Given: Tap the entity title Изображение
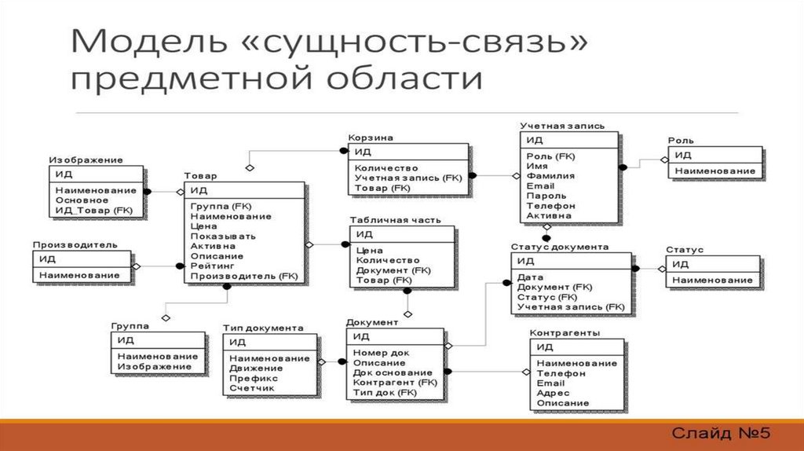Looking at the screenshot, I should click(86, 159).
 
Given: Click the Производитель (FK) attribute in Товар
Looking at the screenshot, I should click(243, 277).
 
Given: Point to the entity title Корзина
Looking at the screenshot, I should click(370, 137).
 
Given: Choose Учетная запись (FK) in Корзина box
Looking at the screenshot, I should click(407, 178).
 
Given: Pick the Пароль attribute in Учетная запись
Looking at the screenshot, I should click(546, 196).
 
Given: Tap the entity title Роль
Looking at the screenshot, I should click(681, 141).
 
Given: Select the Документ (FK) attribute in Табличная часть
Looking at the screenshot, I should click(393, 270).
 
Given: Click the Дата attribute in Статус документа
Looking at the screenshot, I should click(530, 277).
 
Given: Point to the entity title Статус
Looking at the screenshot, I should click(685, 250).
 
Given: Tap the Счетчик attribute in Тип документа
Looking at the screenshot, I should click(252, 388).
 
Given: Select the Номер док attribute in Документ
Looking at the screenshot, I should click(381, 353).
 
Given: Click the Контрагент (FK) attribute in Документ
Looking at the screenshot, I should click(394, 383).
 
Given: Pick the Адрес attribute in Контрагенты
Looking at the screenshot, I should click(553, 393).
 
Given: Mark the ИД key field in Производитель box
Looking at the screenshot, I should click(47, 258).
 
